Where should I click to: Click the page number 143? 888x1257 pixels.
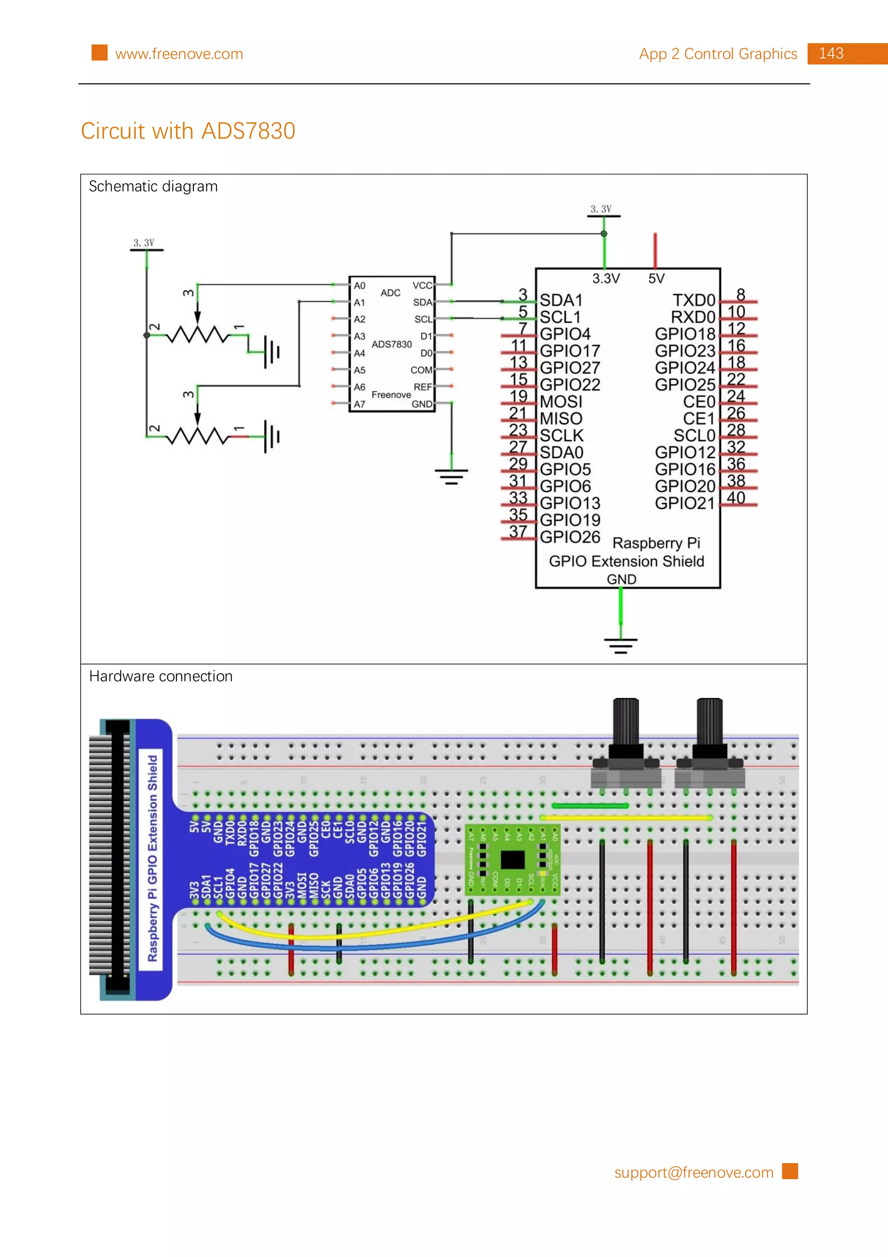tap(831, 54)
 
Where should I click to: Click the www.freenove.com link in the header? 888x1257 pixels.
tap(179, 54)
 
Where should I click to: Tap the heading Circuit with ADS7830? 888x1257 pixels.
tap(188, 131)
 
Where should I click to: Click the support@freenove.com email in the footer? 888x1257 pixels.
tap(693, 1172)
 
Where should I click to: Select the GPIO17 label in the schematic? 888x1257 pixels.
tap(570, 351)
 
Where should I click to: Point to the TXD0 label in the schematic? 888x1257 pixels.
tap(694, 300)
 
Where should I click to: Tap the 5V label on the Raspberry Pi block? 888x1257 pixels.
tap(656, 278)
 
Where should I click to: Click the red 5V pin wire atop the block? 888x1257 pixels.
tap(655, 250)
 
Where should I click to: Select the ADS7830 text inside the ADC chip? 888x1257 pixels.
tap(392, 344)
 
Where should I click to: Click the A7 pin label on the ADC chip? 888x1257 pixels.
tap(359, 404)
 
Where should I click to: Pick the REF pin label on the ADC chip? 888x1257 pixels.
tap(422, 387)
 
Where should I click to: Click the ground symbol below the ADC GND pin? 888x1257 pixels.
tap(451, 476)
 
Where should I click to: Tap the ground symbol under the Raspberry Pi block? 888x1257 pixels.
tap(620, 645)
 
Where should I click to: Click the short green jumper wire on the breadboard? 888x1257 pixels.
tap(590, 805)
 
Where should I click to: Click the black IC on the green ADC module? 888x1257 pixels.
tap(513, 860)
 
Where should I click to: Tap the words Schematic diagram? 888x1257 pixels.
tap(153, 187)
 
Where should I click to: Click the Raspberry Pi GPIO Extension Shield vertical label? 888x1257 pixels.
tap(153, 858)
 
